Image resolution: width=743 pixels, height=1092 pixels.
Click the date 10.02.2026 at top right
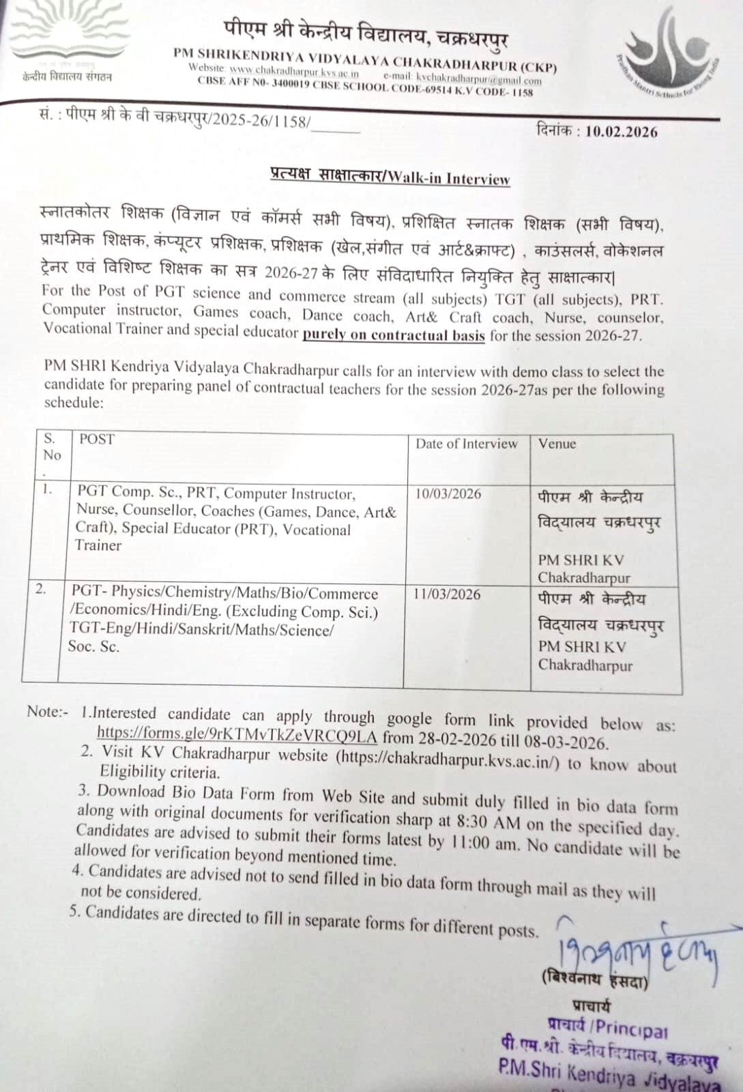[x=621, y=131]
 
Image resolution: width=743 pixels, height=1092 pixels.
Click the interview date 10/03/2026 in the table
[x=448, y=494]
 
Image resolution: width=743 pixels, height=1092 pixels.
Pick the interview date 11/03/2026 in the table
[x=447, y=594]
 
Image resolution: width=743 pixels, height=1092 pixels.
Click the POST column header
[x=97, y=440]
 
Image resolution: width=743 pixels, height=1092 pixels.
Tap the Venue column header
[x=557, y=444]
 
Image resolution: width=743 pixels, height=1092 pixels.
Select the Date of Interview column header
[x=467, y=444]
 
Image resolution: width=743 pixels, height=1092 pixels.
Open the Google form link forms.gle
[x=236, y=734]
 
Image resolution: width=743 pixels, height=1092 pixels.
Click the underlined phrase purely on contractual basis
[x=394, y=335]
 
